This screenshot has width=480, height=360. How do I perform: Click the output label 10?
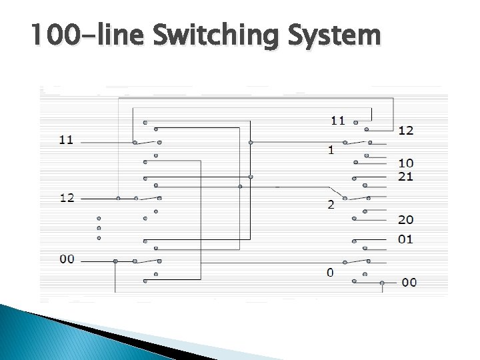pos(406,163)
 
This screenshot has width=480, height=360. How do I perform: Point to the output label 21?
pos(406,176)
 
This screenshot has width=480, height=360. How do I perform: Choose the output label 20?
pos(406,219)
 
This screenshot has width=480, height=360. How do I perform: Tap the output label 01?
pos(406,239)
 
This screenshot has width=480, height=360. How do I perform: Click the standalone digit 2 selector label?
pos(331,205)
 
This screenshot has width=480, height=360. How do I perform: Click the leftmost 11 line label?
pos(66,139)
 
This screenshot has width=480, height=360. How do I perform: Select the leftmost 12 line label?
pos(66,197)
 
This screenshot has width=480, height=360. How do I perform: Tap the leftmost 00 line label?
pos(67,259)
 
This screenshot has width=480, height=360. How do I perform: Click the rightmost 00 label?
pos(409,283)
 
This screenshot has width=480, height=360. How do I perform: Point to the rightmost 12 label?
pos(406,130)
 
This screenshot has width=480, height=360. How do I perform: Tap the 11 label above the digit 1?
pos(338,121)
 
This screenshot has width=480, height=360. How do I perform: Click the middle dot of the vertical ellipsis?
pos(99,227)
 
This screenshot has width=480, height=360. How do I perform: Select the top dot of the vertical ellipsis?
pos(99,218)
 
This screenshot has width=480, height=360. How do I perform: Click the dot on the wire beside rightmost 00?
pos(382,283)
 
